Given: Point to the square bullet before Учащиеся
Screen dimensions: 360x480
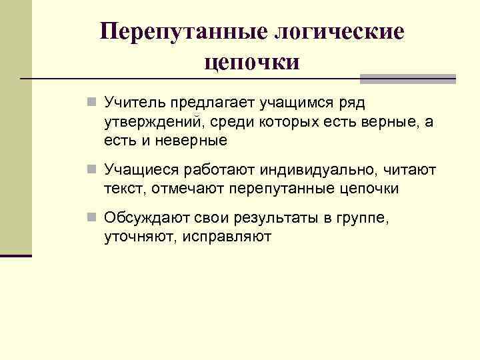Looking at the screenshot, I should (x=92, y=170).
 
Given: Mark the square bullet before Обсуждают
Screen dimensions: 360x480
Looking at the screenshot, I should (x=92, y=218).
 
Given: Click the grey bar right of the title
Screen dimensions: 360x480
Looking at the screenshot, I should (x=407, y=79).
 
